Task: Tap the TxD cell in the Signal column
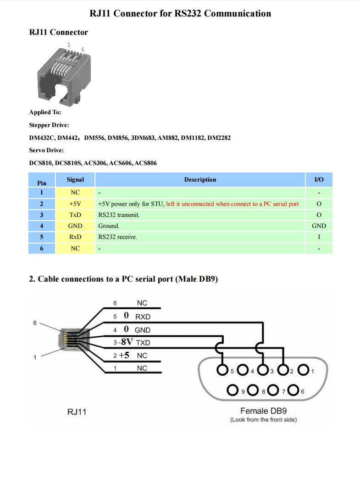pyautogui.click(x=75, y=215)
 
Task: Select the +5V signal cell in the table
pyautogui.click(x=75, y=204)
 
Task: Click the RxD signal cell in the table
pyautogui.click(x=75, y=237)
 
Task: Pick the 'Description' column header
pyautogui.click(x=200, y=180)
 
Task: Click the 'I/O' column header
pyautogui.click(x=319, y=180)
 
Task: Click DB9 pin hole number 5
pyautogui.click(x=223, y=370)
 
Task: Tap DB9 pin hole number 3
pyautogui.click(x=263, y=370)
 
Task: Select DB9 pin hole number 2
pyautogui.click(x=283, y=370)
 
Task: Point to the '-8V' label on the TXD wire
pyautogui.click(x=126, y=342)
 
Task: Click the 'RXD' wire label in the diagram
pyautogui.click(x=143, y=316)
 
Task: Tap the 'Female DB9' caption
pyautogui.click(x=263, y=411)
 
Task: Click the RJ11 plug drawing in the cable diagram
pyautogui.click(x=68, y=339)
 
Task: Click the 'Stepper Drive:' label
pyautogui.click(x=49, y=125)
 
